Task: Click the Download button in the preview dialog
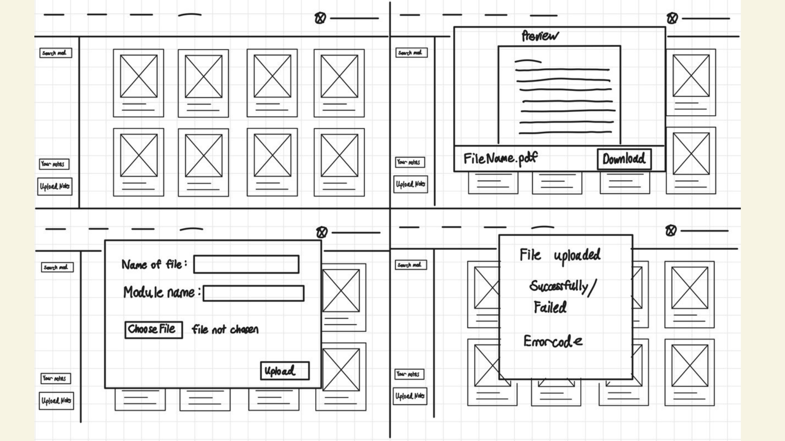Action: (624, 159)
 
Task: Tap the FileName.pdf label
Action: (500, 158)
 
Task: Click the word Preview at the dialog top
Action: (540, 36)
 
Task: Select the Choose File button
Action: (153, 330)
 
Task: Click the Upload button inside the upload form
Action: (285, 371)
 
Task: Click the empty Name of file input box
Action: (246, 264)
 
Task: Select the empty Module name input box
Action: (253, 293)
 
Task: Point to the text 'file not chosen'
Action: (225, 330)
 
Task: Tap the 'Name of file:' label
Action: (154, 265)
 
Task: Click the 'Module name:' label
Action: (162, 292)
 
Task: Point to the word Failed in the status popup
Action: (550, 307)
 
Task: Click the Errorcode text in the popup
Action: (553, 341)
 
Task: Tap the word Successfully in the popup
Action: (558, 286)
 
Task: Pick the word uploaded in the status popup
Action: (577, 255)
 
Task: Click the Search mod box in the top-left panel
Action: (56, 53)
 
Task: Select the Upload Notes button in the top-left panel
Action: (55, 187)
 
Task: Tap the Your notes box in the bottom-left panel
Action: (56, 379)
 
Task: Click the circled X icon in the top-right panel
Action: (672, 18)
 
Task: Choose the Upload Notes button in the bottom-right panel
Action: (410, 396)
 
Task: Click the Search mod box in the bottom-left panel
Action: (57, 267)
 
